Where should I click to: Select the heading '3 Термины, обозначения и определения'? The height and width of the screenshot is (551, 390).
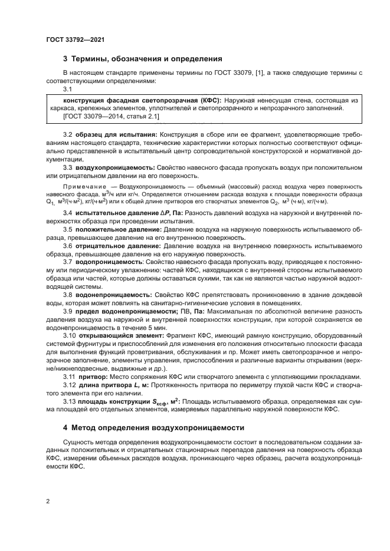(x=142, y=59)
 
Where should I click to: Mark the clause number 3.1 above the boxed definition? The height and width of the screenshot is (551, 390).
(x=67, y=89)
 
